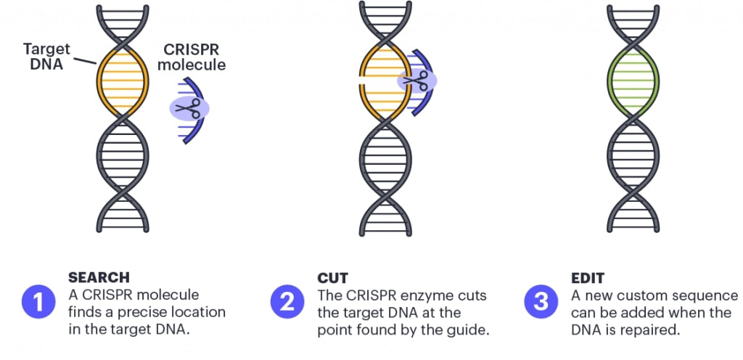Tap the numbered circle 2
pos(287,302)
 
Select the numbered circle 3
pos(541,302)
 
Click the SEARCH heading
pos(99,278)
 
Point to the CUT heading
pos(332,278)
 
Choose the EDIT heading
pos(588,278)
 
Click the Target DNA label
pos(46,57)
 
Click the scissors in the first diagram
pos(189,109)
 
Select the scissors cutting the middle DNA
pos(416,81)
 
